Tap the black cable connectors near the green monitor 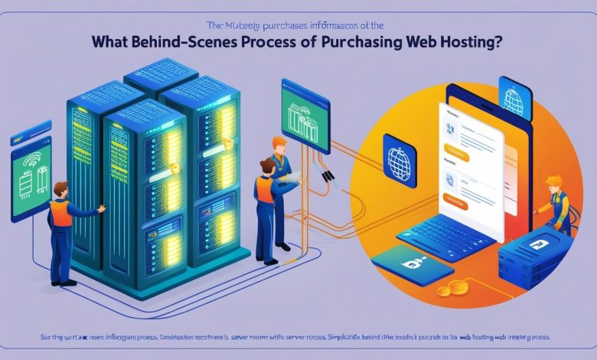[328, 177]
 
